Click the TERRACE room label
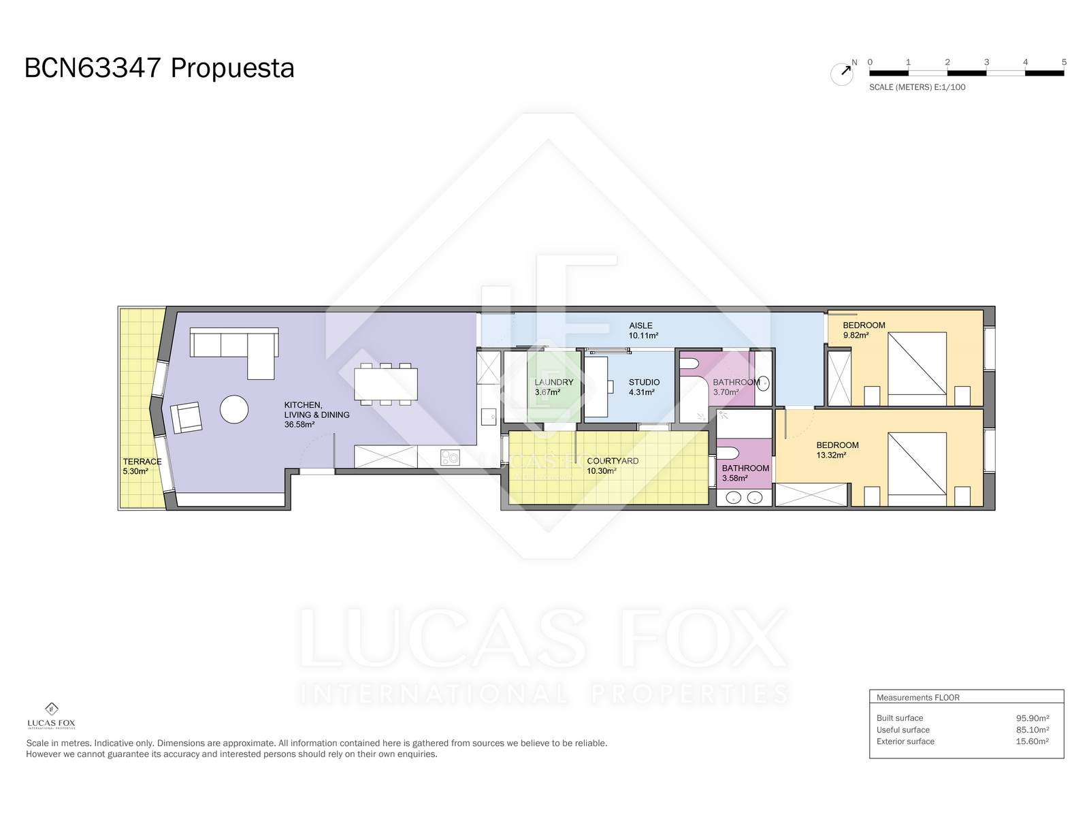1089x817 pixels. point(142,462)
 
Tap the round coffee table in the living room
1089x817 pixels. point(234,409)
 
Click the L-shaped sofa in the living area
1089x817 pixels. point(234,347)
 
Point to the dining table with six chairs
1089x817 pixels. point(385,385)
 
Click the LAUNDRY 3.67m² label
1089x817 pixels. point(553,387)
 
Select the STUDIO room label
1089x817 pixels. point(644,382)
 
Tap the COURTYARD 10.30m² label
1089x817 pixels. point(613,466)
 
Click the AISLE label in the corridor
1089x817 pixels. point(640,325)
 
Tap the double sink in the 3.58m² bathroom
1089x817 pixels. point(744,497)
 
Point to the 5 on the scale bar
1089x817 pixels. point(1064,62)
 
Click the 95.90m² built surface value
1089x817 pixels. point(1032,718)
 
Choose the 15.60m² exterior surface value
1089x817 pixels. point(1032,741)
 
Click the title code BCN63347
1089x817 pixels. point(93,68)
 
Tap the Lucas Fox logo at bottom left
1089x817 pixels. point(51,716)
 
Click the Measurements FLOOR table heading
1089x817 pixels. point(918,697)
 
